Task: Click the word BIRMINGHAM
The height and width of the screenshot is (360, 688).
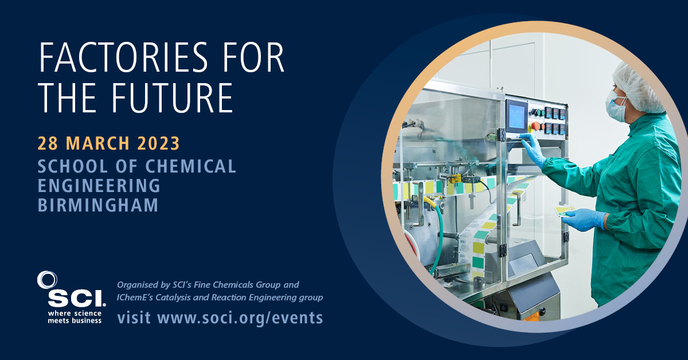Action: (x=98, y=205)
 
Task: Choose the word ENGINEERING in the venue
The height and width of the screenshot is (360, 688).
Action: (x=99, y=186)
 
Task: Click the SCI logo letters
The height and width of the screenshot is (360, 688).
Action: (x=76, y=297)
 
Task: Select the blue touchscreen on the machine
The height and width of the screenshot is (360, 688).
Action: (x=517, y=115)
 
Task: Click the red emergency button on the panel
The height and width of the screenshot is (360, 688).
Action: (x=536, y=125)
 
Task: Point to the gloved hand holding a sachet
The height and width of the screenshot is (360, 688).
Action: (x=582, y=218)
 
